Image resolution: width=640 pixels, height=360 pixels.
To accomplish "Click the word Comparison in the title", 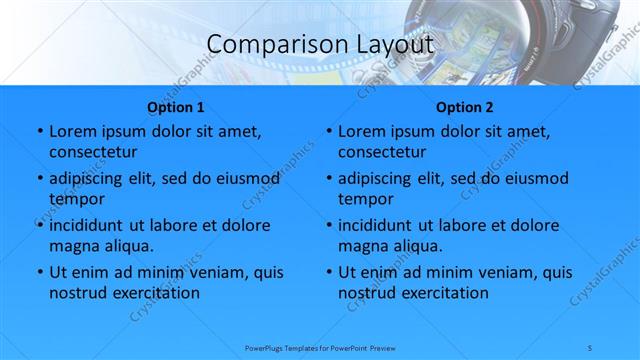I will [266, 45].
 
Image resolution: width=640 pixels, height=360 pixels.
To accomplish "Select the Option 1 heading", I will [176, 107].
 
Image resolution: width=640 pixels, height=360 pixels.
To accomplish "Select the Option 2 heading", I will [465, 107].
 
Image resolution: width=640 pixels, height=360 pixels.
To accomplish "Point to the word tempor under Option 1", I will [75, 199].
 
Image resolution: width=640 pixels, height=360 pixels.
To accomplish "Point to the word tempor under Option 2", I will [364, 199].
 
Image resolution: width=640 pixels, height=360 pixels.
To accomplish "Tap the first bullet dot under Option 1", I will [39, 132].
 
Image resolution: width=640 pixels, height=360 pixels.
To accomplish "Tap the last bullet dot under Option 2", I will [328, 272].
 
